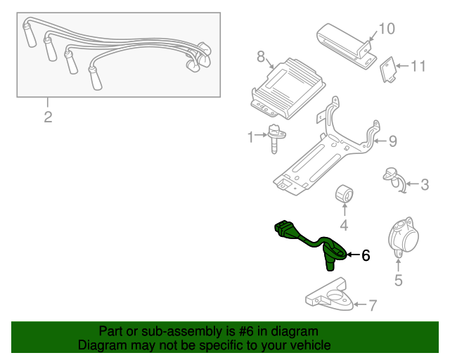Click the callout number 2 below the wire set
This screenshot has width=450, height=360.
click(x=48, y=117)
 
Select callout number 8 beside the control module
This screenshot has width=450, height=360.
click(x=260, y=57)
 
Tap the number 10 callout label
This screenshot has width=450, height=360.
click(x=387, y=29)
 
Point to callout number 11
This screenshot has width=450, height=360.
click(x=418, y=67)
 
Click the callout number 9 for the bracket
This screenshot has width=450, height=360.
click(x=392, y=141)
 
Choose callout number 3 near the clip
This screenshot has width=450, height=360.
click(x=424, y=186)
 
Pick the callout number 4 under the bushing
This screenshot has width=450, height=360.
click(x=344, y=226)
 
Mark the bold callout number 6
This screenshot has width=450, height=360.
click(x=365, y=256)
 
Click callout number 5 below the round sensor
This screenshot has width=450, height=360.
click(x=398, y=281)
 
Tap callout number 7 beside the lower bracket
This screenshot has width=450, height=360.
click(x=373, y=305)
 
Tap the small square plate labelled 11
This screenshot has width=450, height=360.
click(x=387, y=70)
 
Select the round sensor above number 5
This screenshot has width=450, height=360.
click(x=401, y=237)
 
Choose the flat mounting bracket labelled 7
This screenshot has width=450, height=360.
click(x=330, y=294)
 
